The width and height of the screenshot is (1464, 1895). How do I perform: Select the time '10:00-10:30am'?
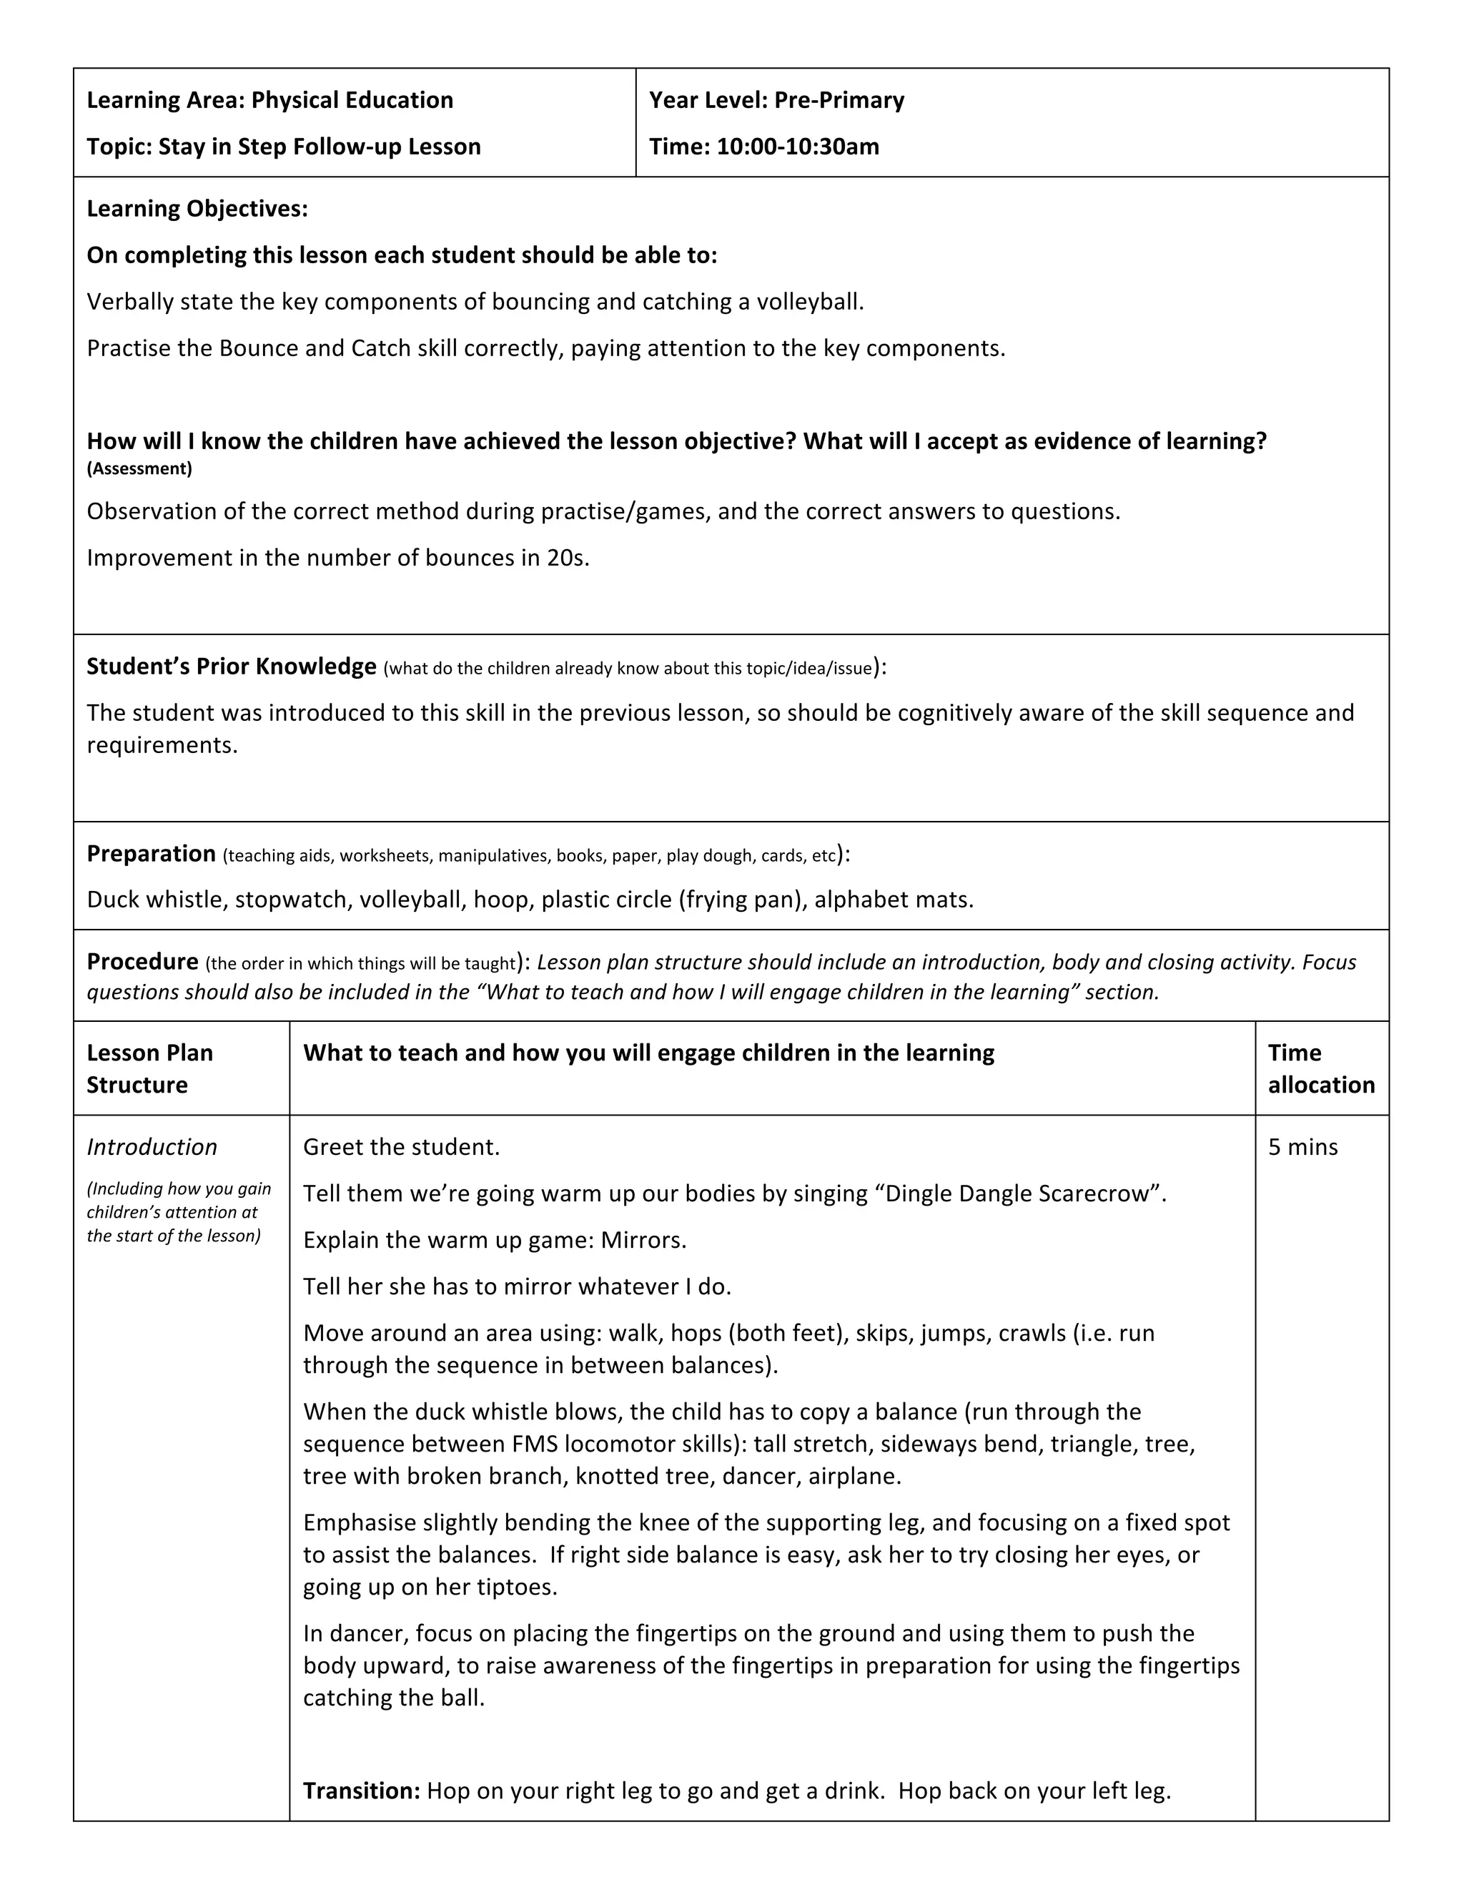[797, 147]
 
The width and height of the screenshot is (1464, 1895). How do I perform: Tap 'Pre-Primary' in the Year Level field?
[839, 100]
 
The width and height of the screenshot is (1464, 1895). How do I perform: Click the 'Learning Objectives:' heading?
[197, 209]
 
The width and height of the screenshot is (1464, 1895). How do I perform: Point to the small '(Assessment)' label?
[139, 469]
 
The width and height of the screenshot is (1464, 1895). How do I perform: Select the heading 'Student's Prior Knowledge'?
[231, 666]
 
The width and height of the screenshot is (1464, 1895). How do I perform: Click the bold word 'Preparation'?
[151, 854]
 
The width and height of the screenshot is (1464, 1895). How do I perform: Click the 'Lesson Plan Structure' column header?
[149, 1069]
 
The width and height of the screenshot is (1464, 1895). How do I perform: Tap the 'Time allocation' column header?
[1320, 1069]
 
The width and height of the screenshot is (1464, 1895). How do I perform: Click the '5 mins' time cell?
[1302, 1148]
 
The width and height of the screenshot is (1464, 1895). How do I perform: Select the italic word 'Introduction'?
[152, 1148]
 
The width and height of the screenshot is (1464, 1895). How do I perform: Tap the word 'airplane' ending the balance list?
[853, 1476]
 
